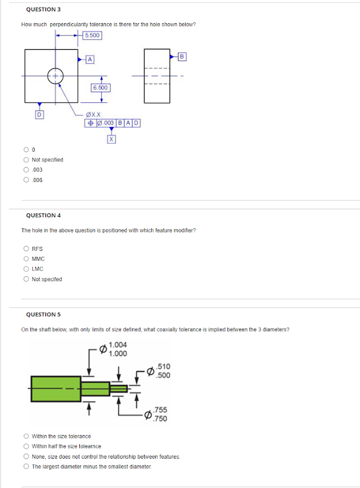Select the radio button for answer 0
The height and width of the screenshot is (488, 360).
26,150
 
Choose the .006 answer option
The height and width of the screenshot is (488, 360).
26,180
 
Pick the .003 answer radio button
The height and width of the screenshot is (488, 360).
26,170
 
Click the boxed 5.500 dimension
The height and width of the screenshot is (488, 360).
93,35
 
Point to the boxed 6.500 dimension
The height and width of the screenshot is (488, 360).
101,88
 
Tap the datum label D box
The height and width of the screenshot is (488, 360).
39,114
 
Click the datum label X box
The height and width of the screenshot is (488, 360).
111,139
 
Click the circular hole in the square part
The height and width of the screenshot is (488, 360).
56,76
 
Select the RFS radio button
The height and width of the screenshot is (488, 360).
26,249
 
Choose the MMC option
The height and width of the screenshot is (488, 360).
26,259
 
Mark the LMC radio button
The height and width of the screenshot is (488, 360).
26,269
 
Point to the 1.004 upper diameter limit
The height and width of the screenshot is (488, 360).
118,345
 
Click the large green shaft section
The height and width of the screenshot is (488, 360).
56,389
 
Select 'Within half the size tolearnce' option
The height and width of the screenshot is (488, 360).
26,446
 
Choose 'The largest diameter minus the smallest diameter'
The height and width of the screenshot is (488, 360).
26,466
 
